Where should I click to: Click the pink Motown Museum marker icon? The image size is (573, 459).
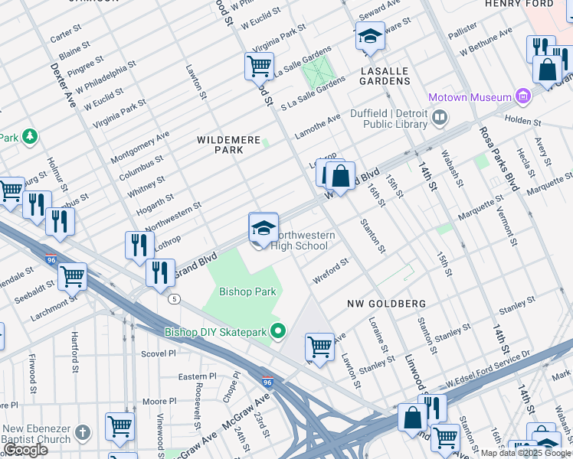(x=523, y=96)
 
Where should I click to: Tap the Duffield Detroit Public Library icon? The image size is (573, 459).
(x=440, y=117)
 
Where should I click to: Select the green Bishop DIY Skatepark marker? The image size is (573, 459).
(x=278, y=331)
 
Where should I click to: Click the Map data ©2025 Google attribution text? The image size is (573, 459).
(x=526, y=453)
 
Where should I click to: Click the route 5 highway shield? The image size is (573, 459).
(x=175, y=298)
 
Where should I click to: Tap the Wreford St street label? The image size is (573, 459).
(x=331, y=270)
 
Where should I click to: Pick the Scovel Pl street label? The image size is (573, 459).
(x=159, y=353)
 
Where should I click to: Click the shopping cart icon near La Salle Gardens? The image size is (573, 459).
(x=259, y=66)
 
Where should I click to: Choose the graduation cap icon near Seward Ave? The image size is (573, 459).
(x=370, y=36)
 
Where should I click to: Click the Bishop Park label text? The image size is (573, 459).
(x=247, y=291)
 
